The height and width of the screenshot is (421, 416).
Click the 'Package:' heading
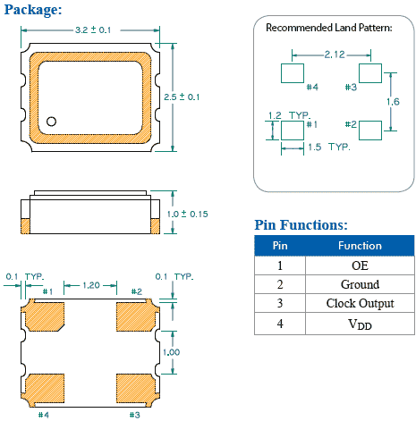(31, 10)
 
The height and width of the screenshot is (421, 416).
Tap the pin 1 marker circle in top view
(52, 121)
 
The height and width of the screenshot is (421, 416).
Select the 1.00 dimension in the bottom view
(170, 352)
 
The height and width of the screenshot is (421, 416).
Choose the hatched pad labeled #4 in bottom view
(45, 387)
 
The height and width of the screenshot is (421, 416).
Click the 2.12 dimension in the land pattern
(335, 55)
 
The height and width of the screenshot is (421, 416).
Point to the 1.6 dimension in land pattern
(394, 102)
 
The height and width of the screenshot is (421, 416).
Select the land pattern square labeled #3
(369, 72)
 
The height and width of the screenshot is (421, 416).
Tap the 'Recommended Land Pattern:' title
(328, 28)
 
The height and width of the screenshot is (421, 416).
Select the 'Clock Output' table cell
(360, 304)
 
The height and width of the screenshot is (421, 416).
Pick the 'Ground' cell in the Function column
(360, 284)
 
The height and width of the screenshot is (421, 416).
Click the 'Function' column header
(360, 246)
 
